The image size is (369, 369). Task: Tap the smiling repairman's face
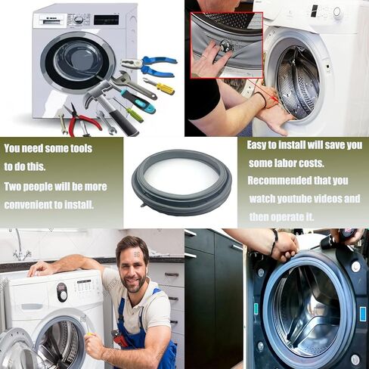(134, 264)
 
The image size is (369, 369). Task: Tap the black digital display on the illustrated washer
(106, 20)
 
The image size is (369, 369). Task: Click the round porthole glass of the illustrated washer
(67, 60)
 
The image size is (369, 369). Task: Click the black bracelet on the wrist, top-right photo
(261, 98)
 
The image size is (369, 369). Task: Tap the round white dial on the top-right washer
(337, 11)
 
